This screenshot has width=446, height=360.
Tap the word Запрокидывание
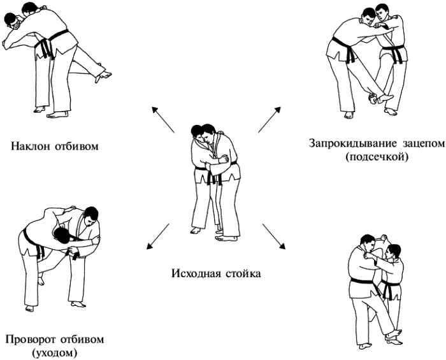(349, 143)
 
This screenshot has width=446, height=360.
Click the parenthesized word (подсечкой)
(377, 157)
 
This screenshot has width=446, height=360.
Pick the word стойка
(243, 274)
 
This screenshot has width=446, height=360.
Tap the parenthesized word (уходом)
(55, 353)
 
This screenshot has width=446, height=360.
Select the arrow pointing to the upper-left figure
(163, 120)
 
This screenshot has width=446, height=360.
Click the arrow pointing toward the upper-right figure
(270, 120)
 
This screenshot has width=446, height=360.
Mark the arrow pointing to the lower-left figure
(158, 236)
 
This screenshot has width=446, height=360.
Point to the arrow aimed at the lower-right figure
(273, 236)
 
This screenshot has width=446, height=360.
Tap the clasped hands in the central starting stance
(224, 159)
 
